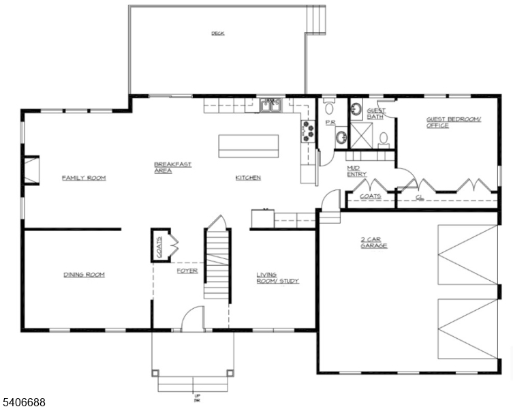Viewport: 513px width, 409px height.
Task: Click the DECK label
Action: (x=217, y=33)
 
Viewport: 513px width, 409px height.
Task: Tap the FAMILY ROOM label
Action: (x=84, y=178)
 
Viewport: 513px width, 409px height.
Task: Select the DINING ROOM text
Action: (x=84, y=275)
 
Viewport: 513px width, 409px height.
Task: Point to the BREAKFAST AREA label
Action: (x=172, y=167)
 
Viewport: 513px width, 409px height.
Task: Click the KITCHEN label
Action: (x=248, y=178)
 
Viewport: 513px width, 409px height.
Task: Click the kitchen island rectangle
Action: (x=249, y=146)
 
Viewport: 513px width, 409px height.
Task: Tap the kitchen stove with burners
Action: (x=307, y=131)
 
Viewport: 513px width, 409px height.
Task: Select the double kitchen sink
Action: (x=271, y=104)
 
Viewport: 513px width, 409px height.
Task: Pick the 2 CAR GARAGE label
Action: (x=374, y=242)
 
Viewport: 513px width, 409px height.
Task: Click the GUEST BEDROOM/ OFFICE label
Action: (x=454, y=122)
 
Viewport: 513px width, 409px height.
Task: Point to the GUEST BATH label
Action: (x=376, y=113)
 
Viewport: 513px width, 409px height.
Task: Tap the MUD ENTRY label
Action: (x=356, y=170)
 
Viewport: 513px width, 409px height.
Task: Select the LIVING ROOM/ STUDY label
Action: (x=277, y=277)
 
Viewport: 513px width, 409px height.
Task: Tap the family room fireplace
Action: (x=31, y=170)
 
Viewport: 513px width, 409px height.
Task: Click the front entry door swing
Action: (x=193, y=319)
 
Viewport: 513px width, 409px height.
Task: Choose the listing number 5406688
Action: (x=24, y=403)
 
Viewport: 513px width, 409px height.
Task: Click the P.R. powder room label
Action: (x=329, y=123)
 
